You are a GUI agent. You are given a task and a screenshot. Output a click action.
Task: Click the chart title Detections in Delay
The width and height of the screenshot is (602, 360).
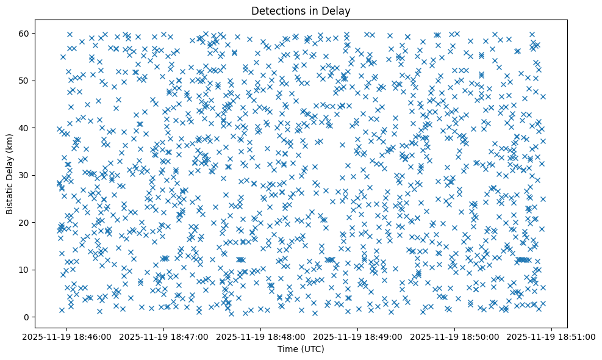point(301,10)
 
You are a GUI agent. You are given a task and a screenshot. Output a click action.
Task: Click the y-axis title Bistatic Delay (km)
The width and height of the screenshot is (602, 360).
point(10,175)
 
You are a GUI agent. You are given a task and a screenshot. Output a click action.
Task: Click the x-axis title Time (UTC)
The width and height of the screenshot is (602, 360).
point(301,350)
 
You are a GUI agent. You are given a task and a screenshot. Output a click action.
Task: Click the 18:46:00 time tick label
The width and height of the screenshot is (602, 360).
point(67,337)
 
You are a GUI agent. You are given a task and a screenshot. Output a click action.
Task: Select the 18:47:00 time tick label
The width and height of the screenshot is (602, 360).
point(164,337)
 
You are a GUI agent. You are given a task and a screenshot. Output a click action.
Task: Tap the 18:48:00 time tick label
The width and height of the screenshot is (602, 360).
point(261,337)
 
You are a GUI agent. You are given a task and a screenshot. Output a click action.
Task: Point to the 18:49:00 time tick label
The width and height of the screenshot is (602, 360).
point(358,337)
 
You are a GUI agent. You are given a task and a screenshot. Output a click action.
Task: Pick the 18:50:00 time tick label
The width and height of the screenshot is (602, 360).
point(455,337)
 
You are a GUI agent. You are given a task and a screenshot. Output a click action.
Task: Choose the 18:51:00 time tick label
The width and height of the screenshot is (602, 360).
point(552,337)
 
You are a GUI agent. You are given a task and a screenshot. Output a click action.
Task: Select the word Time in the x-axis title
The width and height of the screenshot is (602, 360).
point(288,350)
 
